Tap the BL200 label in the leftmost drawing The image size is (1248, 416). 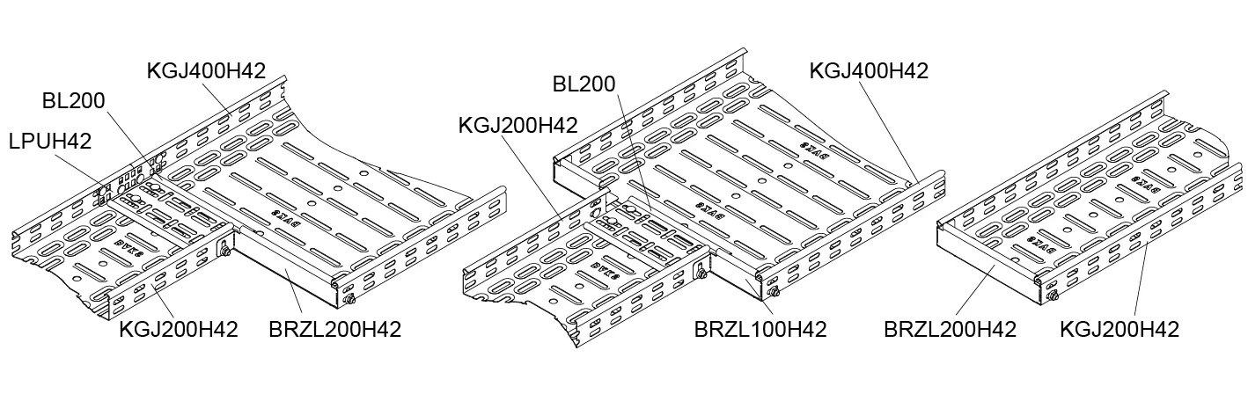[74, 101]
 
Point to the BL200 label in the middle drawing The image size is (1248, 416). [584, 85]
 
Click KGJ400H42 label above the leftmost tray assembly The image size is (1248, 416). [206, 69]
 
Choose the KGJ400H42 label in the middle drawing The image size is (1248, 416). [869, 70]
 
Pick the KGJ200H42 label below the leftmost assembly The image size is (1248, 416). [180, 330]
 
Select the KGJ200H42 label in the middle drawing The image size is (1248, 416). [518, 126]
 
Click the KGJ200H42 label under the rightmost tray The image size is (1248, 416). [1120, 330]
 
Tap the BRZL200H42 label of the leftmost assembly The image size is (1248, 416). [335, 330]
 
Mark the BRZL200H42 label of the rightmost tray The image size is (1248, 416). [951, 330]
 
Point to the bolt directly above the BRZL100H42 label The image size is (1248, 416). [774, 293]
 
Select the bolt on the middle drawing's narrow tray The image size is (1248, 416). [701, 274]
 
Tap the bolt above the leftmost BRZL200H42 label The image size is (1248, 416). [349, 301]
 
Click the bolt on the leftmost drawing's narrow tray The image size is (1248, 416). [225, 253]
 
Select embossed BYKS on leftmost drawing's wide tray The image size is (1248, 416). [282, 213]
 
